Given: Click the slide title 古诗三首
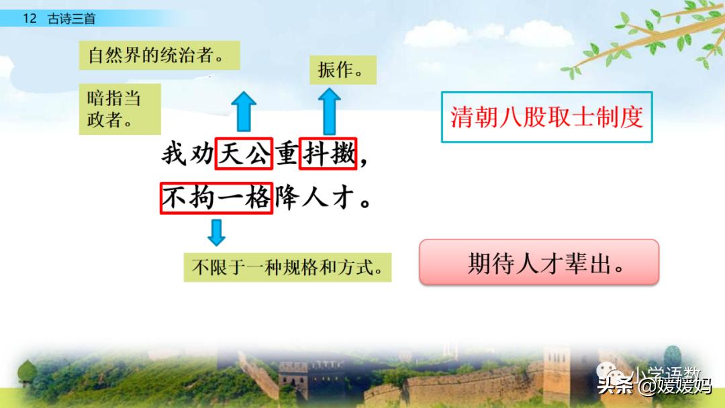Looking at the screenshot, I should (71, 19).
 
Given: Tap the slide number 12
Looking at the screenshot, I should (30, 19).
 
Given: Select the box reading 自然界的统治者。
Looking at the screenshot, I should (160, 56).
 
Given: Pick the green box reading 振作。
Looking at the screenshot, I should (342, 70).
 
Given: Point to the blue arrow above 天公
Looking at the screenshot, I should (246, 112).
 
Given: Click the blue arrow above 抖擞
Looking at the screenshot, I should (329, 112).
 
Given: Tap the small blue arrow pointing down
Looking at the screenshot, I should (216, 232).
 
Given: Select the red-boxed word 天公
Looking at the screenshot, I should (243, 154).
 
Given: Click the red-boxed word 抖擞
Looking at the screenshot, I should (328, 154).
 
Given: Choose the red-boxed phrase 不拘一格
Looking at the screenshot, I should (216, 197).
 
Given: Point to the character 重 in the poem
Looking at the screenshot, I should (286, 154).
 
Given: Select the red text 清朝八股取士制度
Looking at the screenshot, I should (546, 117).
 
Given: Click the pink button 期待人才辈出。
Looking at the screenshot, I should (539, 262).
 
